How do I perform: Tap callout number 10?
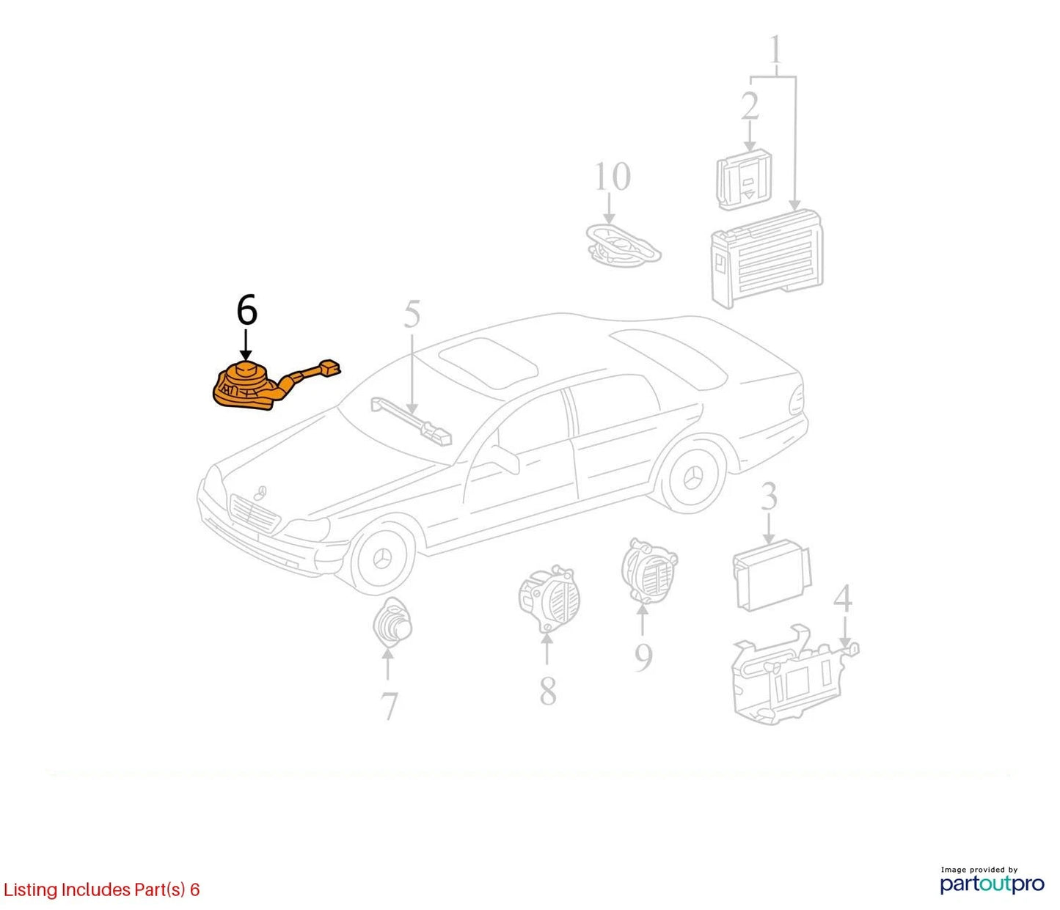click(613, 177)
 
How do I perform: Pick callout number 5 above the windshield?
click(412, 315)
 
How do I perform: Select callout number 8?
click(548, 691)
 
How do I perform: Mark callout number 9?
click(643, 657)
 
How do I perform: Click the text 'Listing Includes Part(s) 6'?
click(101, 889)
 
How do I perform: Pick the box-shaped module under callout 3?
click(772, 575)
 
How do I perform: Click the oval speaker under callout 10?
click(623, 246)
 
